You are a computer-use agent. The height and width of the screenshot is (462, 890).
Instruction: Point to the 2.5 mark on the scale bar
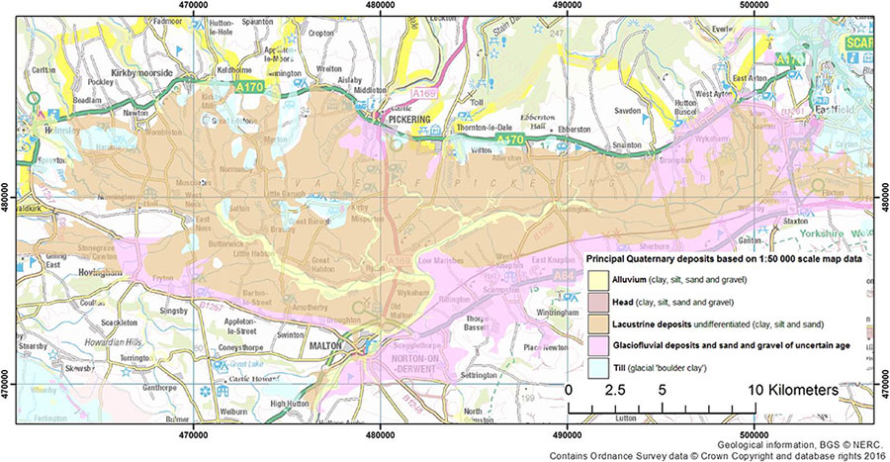coord(615,391)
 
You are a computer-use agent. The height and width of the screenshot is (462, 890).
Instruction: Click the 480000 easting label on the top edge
coord(380,7)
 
